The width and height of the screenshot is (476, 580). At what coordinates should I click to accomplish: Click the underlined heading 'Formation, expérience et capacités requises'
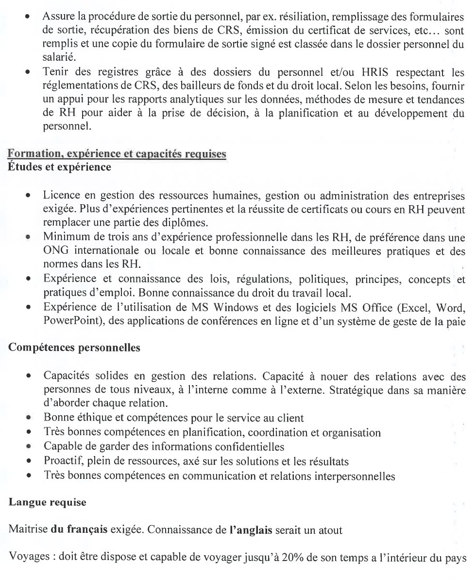click(117, 154)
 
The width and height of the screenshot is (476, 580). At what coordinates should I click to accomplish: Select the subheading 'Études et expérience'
click(60, 167)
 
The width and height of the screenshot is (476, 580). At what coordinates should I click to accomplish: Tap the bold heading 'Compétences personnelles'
click(74, 348)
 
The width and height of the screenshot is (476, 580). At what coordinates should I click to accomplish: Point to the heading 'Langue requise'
click(48, 502)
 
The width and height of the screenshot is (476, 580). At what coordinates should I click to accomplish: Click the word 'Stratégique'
click(357, 390)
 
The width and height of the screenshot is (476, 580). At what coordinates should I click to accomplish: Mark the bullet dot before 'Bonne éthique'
click(30, 418)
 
